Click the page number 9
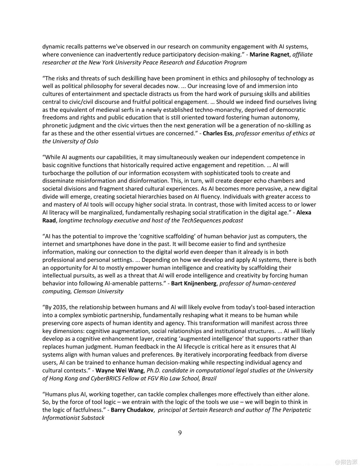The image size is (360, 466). tap(180, 433)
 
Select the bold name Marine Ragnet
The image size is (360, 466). tap(269, 55)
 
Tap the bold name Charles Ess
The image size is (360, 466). tap(217, 134)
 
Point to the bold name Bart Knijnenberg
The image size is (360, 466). tap(194, 284)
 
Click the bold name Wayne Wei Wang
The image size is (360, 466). tap(120, 371)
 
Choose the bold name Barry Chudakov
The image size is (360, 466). tap(132, 410)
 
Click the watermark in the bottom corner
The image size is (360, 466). tap(346, 462)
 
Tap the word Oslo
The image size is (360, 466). tap(92, 141)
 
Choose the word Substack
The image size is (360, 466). tap(93, 418)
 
